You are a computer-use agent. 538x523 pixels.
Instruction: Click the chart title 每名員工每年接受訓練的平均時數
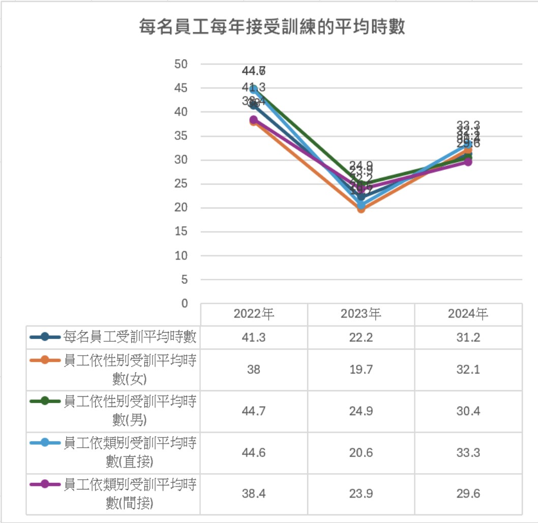[272, 26]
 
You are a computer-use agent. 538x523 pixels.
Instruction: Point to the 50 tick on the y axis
[182, 64]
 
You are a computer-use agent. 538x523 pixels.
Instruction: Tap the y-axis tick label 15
[182, 231]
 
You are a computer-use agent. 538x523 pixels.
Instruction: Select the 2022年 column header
[254, 314]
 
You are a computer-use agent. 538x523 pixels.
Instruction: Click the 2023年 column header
[361, 314]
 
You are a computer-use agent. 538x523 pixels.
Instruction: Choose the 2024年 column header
[468, 314]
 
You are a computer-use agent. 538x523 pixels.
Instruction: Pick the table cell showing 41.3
[254, 337]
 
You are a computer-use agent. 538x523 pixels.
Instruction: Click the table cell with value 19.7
[361, 369]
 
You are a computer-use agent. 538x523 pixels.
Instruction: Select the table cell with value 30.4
[468, 411]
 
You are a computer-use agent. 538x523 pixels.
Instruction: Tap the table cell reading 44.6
[254, 453]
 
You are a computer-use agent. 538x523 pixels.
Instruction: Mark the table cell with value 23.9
[361, 493]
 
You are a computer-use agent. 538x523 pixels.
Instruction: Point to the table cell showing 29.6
[468, 493]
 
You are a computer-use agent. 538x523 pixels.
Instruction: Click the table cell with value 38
[254, 369]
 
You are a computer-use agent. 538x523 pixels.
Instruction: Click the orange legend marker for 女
[45, 360]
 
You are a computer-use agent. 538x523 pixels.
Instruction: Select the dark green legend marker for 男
[45, 401]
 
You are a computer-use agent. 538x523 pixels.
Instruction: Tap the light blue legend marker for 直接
[45, 443]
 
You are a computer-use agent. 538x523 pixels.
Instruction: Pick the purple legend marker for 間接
[45, 484]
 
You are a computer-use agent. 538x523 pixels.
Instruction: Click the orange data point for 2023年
[361, 208]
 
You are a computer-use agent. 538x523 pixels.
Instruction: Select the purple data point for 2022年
[253, 120]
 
